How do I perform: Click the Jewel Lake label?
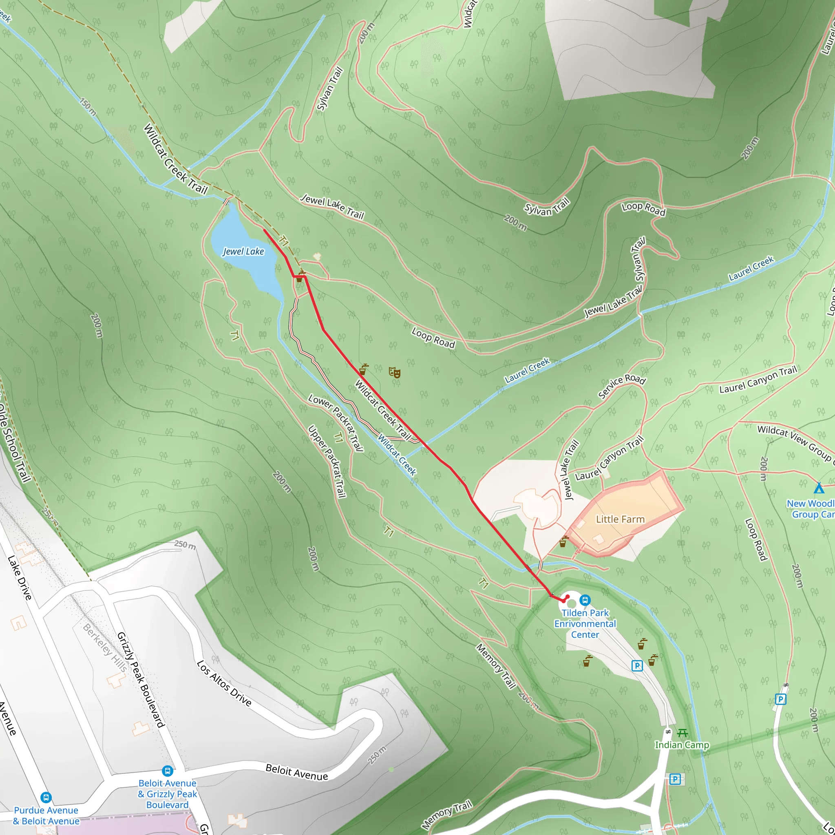click(243, 252)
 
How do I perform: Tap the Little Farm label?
click(620, 519)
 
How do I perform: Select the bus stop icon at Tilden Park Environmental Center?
click(585, 600)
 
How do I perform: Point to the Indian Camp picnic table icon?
click(683, 733)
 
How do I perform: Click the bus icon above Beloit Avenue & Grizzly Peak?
click(167, 771)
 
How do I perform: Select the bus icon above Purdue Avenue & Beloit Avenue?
click(46, 798)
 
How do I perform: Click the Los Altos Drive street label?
click(224, 683)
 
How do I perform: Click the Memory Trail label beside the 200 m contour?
click(496, 666)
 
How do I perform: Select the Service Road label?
click(621, 386)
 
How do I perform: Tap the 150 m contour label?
click(88, 106)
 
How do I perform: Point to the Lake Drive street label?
click(20, 578)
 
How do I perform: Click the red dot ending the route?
click(568, 597)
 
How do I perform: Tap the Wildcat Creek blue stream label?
click(397, 454)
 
